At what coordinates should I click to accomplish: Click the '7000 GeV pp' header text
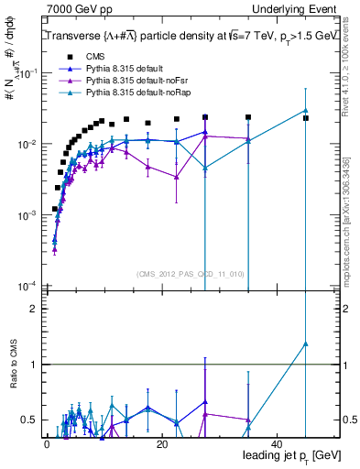pyautogui.click(x=74, y=8)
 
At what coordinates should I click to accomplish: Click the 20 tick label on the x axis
pyautogui.click(x=162, y=443)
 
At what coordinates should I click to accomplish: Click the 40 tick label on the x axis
pyautogui.click(x=278, y=443)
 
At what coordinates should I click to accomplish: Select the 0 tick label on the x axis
pyautogui.click(x=47, y=443)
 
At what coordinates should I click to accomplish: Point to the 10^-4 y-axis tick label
pyautogui.click(x=28, y=286)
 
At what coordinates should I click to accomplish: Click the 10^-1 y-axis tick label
pyautogui.click(x=28, y=73)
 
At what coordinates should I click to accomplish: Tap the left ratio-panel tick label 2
pyautogui.click(x=32, y=309)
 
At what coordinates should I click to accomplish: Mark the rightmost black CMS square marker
pyautogui.click(x=306, y=118)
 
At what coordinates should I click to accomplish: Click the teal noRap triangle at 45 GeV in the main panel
pyautogui.click(x=306, y=110)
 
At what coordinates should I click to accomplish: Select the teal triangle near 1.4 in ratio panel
pyautogui.click(x=306, y=344)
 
